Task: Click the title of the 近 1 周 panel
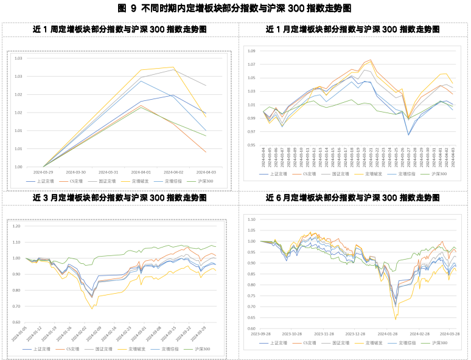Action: pyautogui.click(x=119, y=29)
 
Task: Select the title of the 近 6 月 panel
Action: pyautogui.click(x=352, y=198)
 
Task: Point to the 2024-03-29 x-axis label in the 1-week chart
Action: pyautogui.click(x=44, y=173)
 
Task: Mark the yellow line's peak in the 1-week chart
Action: pyautogui.click(x=173, y=67)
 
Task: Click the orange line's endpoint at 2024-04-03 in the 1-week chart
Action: pyautogui.click(x=206, y=152)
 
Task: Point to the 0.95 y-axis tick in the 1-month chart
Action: pyautogui.click(x=252, y=145)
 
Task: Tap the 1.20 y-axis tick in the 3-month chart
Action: pyautogui.click(x=16, y=226)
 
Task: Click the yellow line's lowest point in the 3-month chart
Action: pyautogui.click(x=92, y=308)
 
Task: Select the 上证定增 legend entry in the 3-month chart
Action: pyautogui.click(x=41, y=350)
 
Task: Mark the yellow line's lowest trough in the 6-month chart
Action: pyautogui.click(x=396, y=319)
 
